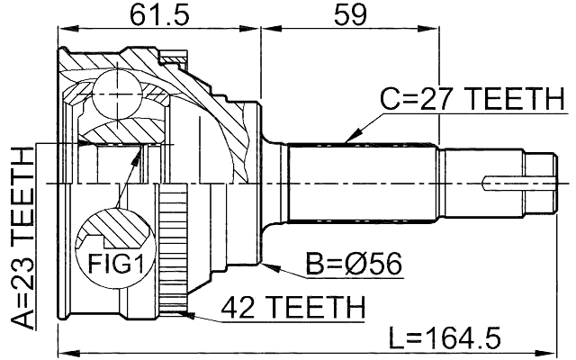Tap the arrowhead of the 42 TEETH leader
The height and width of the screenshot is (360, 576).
tap(184, 313)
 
